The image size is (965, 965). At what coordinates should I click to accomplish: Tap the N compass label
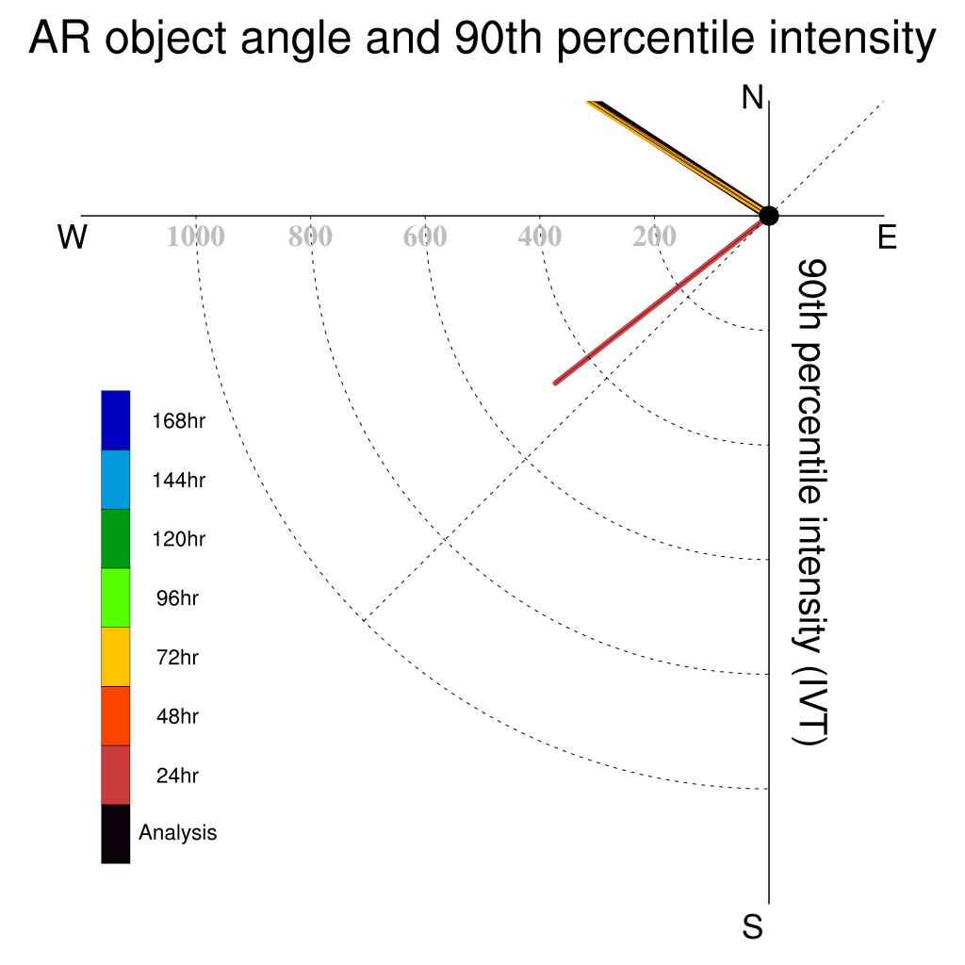pos(752,97)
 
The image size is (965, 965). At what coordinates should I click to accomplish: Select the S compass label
pos(753,927)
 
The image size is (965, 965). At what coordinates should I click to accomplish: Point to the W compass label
pos(73,237)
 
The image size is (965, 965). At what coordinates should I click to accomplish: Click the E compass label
pos(887,237)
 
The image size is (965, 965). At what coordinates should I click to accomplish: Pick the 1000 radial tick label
pos(196,237)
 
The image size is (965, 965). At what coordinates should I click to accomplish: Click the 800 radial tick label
pos(310,237)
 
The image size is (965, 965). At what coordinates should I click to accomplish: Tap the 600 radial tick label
pos(425,237)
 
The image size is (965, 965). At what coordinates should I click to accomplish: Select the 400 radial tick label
pos(540,237)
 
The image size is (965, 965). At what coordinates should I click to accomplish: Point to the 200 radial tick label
pos(654,237)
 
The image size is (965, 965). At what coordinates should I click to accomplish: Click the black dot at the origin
pos(769,216)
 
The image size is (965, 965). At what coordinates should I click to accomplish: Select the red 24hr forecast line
pos(662,300)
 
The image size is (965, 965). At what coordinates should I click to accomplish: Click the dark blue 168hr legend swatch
pos(116,420)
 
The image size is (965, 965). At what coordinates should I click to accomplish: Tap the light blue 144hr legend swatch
pos(116,480)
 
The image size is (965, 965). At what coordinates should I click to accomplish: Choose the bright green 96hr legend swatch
pos(116,597)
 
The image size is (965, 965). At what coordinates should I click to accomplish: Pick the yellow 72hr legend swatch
pos(116,657)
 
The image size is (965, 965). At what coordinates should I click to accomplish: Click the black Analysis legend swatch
pos(116,834)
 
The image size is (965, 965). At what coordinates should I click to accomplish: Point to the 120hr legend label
pos(178,539)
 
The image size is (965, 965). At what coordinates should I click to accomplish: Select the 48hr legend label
pos(177,716)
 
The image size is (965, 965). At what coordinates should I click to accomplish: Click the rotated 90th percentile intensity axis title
pos(810,501)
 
